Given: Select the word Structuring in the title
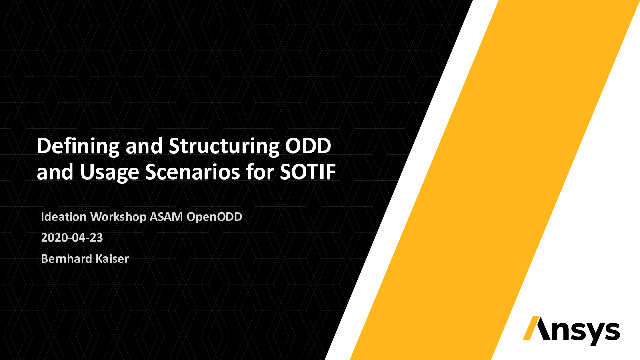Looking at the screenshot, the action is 224,146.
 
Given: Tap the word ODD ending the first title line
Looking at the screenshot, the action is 308,146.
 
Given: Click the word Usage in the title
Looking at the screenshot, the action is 110,172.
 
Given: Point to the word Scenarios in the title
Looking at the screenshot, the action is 192,172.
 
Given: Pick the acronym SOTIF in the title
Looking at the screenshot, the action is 308,172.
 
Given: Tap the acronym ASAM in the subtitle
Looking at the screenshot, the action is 166,217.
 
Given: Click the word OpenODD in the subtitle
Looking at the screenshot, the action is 214,217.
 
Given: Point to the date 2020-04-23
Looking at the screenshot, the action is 72,238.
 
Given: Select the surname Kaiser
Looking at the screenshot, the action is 112,259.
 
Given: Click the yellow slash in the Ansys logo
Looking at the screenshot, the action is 531,328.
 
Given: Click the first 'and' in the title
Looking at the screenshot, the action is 144,146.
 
